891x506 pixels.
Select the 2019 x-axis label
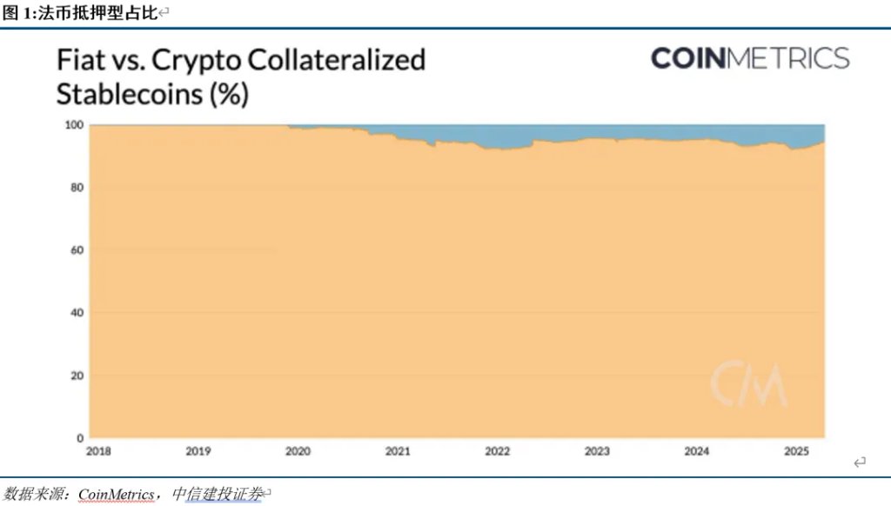198,451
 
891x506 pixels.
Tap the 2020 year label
298,451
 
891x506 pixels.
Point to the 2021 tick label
398,451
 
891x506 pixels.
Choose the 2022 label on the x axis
498,451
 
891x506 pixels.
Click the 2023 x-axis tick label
597,451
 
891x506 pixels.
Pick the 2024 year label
696,451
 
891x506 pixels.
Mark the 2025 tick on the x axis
796,451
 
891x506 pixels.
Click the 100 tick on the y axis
74,125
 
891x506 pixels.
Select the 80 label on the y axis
77,188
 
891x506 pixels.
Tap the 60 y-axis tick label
77,250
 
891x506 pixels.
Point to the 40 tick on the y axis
77,313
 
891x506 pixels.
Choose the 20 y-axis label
77,376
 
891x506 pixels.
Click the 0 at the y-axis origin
79,438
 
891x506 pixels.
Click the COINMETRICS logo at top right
749,59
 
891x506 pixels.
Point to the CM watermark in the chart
748,383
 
